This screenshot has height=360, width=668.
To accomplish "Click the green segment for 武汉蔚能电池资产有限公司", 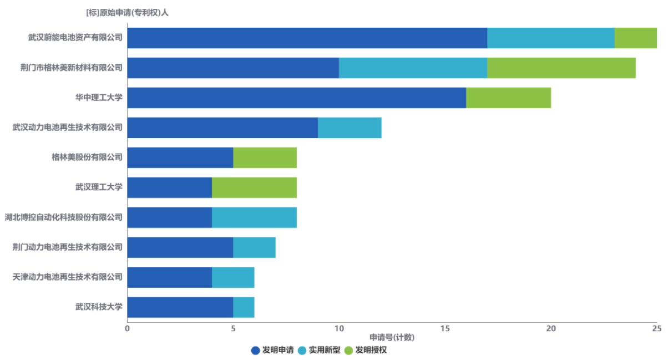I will (635, 38).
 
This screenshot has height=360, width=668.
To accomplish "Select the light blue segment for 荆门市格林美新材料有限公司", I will (413, 68).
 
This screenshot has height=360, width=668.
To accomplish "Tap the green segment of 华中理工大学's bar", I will (508, 98).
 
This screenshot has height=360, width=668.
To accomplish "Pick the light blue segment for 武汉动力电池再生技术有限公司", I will (350, 128).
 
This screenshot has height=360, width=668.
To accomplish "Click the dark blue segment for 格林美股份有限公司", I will (180, 158).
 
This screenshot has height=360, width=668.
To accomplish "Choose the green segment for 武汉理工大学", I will (254, 187).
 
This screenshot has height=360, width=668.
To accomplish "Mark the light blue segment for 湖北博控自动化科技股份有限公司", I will (254, 217).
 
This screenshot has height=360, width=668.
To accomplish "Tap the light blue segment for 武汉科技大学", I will (244, 307).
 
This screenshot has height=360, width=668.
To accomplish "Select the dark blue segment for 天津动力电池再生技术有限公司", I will (170, 277).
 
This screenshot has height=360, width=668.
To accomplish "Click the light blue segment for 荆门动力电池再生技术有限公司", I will (254, 247).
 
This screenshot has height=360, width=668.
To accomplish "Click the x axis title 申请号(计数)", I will (392, 337).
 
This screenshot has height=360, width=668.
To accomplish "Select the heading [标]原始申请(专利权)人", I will (127, 12).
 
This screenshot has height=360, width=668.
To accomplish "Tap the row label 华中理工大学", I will (99, 98).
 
